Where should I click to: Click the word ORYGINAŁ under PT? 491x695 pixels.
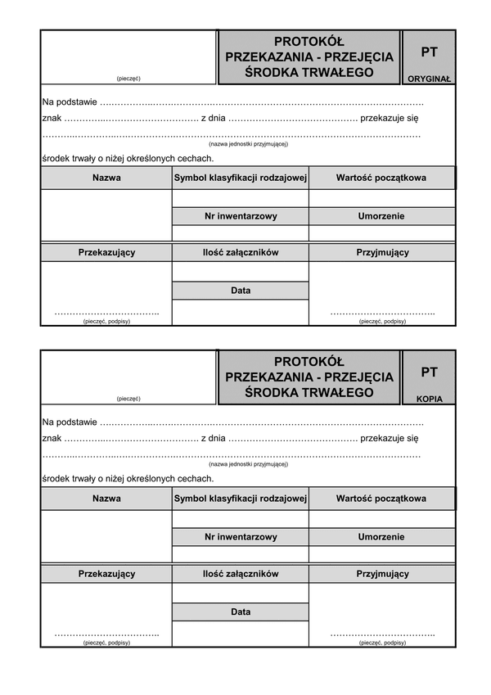429,79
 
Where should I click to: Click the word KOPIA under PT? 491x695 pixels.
429,400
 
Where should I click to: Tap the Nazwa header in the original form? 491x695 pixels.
106,178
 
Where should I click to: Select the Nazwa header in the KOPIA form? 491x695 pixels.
106,499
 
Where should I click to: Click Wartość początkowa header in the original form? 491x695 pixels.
381,178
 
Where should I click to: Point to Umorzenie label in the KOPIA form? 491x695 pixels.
381,537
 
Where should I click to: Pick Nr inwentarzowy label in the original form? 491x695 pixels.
241,216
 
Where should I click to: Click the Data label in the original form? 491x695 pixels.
241,291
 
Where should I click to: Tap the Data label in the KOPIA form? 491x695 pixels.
241,612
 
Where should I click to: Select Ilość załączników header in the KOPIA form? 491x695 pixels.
241,574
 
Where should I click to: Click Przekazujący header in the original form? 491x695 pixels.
106,253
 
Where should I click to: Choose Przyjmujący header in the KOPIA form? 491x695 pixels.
382,574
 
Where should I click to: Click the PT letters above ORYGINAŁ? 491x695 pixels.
429,52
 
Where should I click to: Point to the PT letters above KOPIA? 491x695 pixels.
429,372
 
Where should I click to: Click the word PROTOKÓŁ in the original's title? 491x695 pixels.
309,41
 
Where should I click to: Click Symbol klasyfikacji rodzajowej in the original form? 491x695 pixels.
241,178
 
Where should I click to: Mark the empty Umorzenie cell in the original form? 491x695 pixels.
381,232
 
